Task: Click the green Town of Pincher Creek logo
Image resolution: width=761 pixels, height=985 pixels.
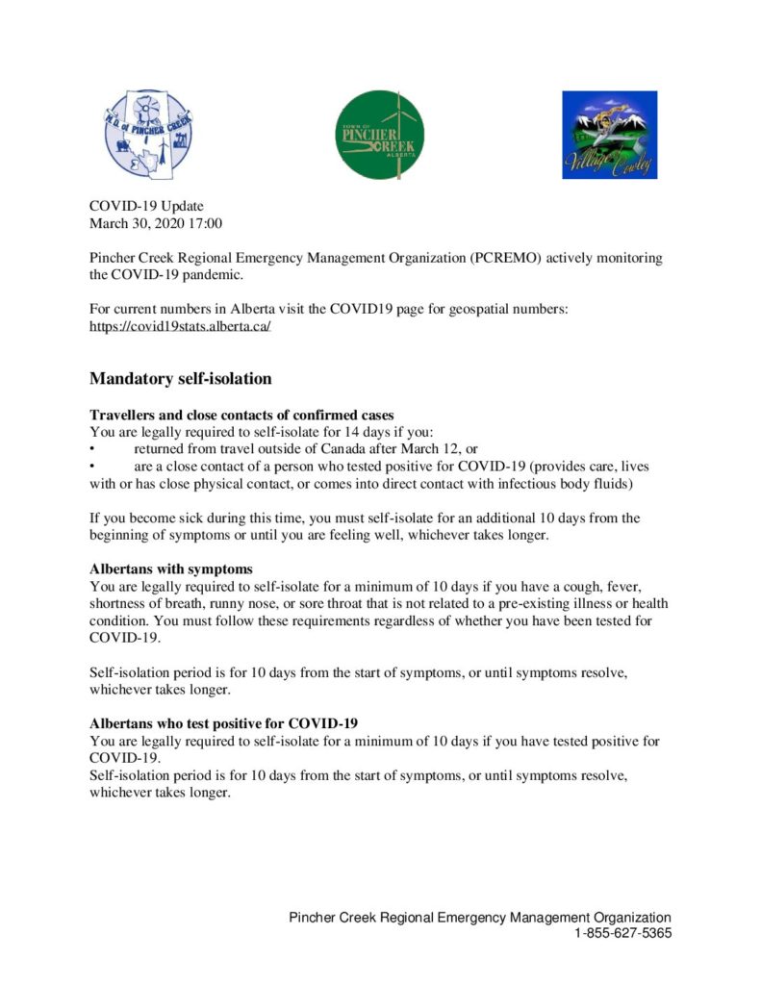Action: point(382,135)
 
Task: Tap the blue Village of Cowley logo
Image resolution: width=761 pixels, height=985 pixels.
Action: point(609,135)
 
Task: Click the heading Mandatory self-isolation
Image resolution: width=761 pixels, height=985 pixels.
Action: point(181,379)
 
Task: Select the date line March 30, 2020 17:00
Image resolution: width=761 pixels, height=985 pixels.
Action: point(156,223)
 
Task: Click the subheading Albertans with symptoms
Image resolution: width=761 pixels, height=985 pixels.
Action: point(171,568)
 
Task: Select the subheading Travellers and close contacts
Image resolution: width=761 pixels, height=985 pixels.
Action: point(241,415)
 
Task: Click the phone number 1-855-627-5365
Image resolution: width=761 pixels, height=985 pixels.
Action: point(623,934)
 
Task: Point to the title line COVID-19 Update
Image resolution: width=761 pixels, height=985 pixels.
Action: point(146,206)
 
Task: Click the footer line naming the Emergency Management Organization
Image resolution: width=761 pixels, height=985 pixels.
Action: point(480,918)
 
